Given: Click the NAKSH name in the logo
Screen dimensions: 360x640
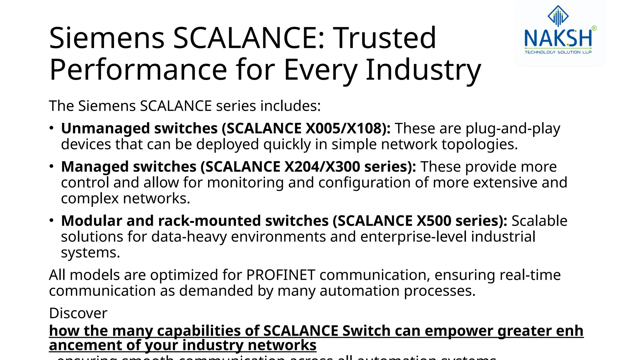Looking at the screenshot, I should (x=558, y=38).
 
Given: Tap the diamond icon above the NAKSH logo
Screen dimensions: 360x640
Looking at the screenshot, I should (x=558, y=16).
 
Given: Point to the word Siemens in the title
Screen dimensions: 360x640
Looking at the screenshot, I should (x=107, y=38).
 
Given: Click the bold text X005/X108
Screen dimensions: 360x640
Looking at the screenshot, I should (x=347, y=128).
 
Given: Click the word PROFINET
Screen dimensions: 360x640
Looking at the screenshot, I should (x=280, y=275).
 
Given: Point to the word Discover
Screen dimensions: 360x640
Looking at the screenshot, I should (x=78, y=313).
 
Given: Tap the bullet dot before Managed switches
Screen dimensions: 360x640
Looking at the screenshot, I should (x=52, y=166).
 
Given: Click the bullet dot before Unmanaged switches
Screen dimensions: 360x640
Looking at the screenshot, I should (x=52, y=128).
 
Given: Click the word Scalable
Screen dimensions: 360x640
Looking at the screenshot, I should (x=539, y=221).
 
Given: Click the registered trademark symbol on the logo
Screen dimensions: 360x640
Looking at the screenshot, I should (x=594, y=28).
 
